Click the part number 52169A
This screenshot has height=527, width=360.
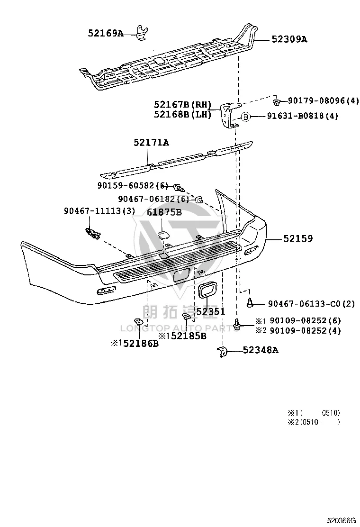[x=106, y=33]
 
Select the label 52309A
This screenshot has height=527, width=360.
[x=289, y=39]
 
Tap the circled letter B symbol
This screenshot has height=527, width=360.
[x=245, y=117]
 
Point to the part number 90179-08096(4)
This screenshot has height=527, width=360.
[x=324, y=100]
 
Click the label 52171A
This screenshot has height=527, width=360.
[x=151, y=143]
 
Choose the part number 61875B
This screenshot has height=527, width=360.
[x=164, y=212]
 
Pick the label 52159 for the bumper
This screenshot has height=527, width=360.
[x=298, y=239]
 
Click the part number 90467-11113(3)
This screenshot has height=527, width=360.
[x=99, y=211]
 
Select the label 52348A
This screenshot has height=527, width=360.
[x=260, y=350]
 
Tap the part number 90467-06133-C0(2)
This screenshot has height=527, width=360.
[x=311, y=304]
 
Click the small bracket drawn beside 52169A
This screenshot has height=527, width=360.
[x=143, y=33]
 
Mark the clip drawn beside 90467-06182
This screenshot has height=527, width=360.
[x=198, y=200]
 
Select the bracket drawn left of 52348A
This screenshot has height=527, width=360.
[x=222, y=352]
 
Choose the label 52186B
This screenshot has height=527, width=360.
[x=141, y=344]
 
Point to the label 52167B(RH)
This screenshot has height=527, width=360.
[x=183, y=104]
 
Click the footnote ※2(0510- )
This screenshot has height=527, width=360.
[x=314, y=422]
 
